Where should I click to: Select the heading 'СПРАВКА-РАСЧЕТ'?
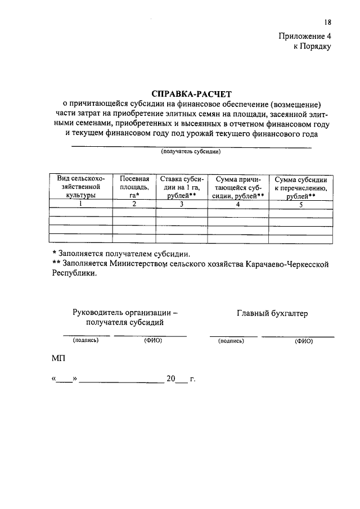point(191,93)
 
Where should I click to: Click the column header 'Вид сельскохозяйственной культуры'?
point(80,186)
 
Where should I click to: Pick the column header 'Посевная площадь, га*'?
point(134,186)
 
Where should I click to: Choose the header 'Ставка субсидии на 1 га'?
point(182,186)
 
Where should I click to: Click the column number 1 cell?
point(80,204)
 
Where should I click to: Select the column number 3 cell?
point(182,204)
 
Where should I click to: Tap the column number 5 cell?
point(300,205)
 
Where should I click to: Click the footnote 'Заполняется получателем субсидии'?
point(121,253)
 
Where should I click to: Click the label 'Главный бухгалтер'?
point(272,313)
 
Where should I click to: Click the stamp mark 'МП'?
point(58,358)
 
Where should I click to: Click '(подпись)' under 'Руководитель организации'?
point(85,340)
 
